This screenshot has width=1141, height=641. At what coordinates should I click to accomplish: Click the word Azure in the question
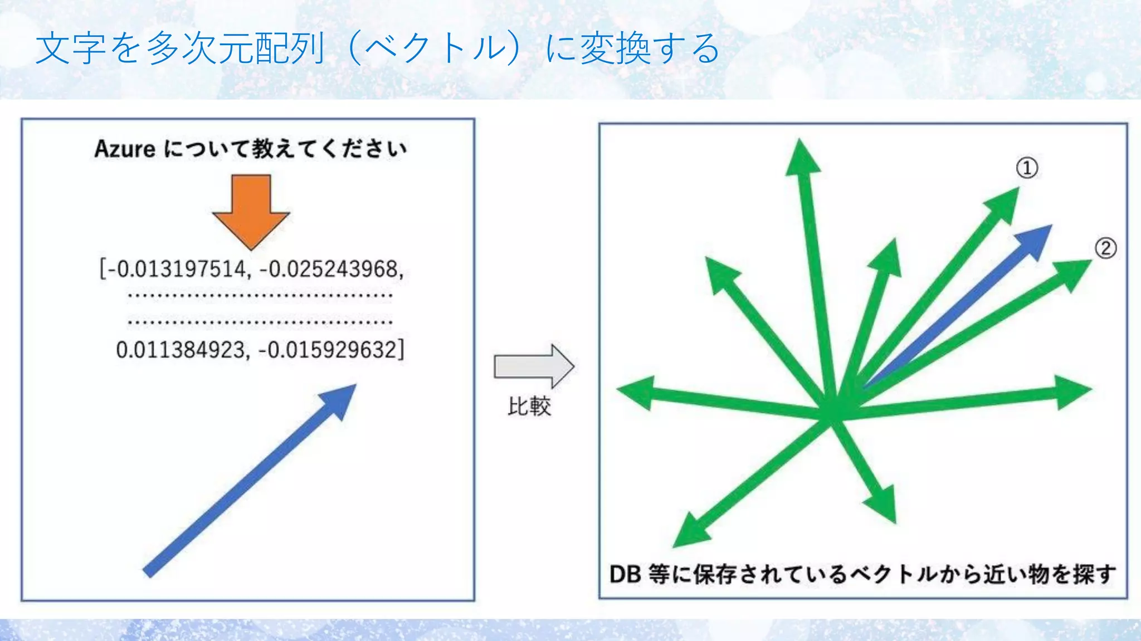click(125, 149)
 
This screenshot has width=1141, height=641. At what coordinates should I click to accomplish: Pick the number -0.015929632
click(331, 350)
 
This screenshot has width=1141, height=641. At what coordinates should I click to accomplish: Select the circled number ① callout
click(1027, 168)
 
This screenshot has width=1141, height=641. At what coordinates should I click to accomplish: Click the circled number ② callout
click(1105, 248)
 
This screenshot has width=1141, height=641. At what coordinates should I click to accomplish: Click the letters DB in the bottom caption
click(625, 574)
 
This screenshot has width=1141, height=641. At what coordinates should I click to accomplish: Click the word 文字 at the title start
click(71, 48)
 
